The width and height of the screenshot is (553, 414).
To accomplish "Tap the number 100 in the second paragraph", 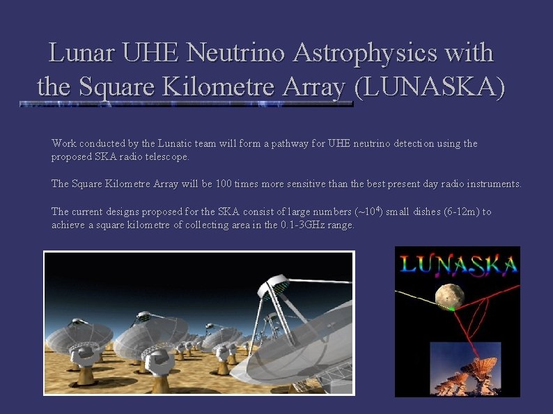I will [225, 184].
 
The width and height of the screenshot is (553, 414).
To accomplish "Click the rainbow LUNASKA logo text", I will [458, 264].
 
